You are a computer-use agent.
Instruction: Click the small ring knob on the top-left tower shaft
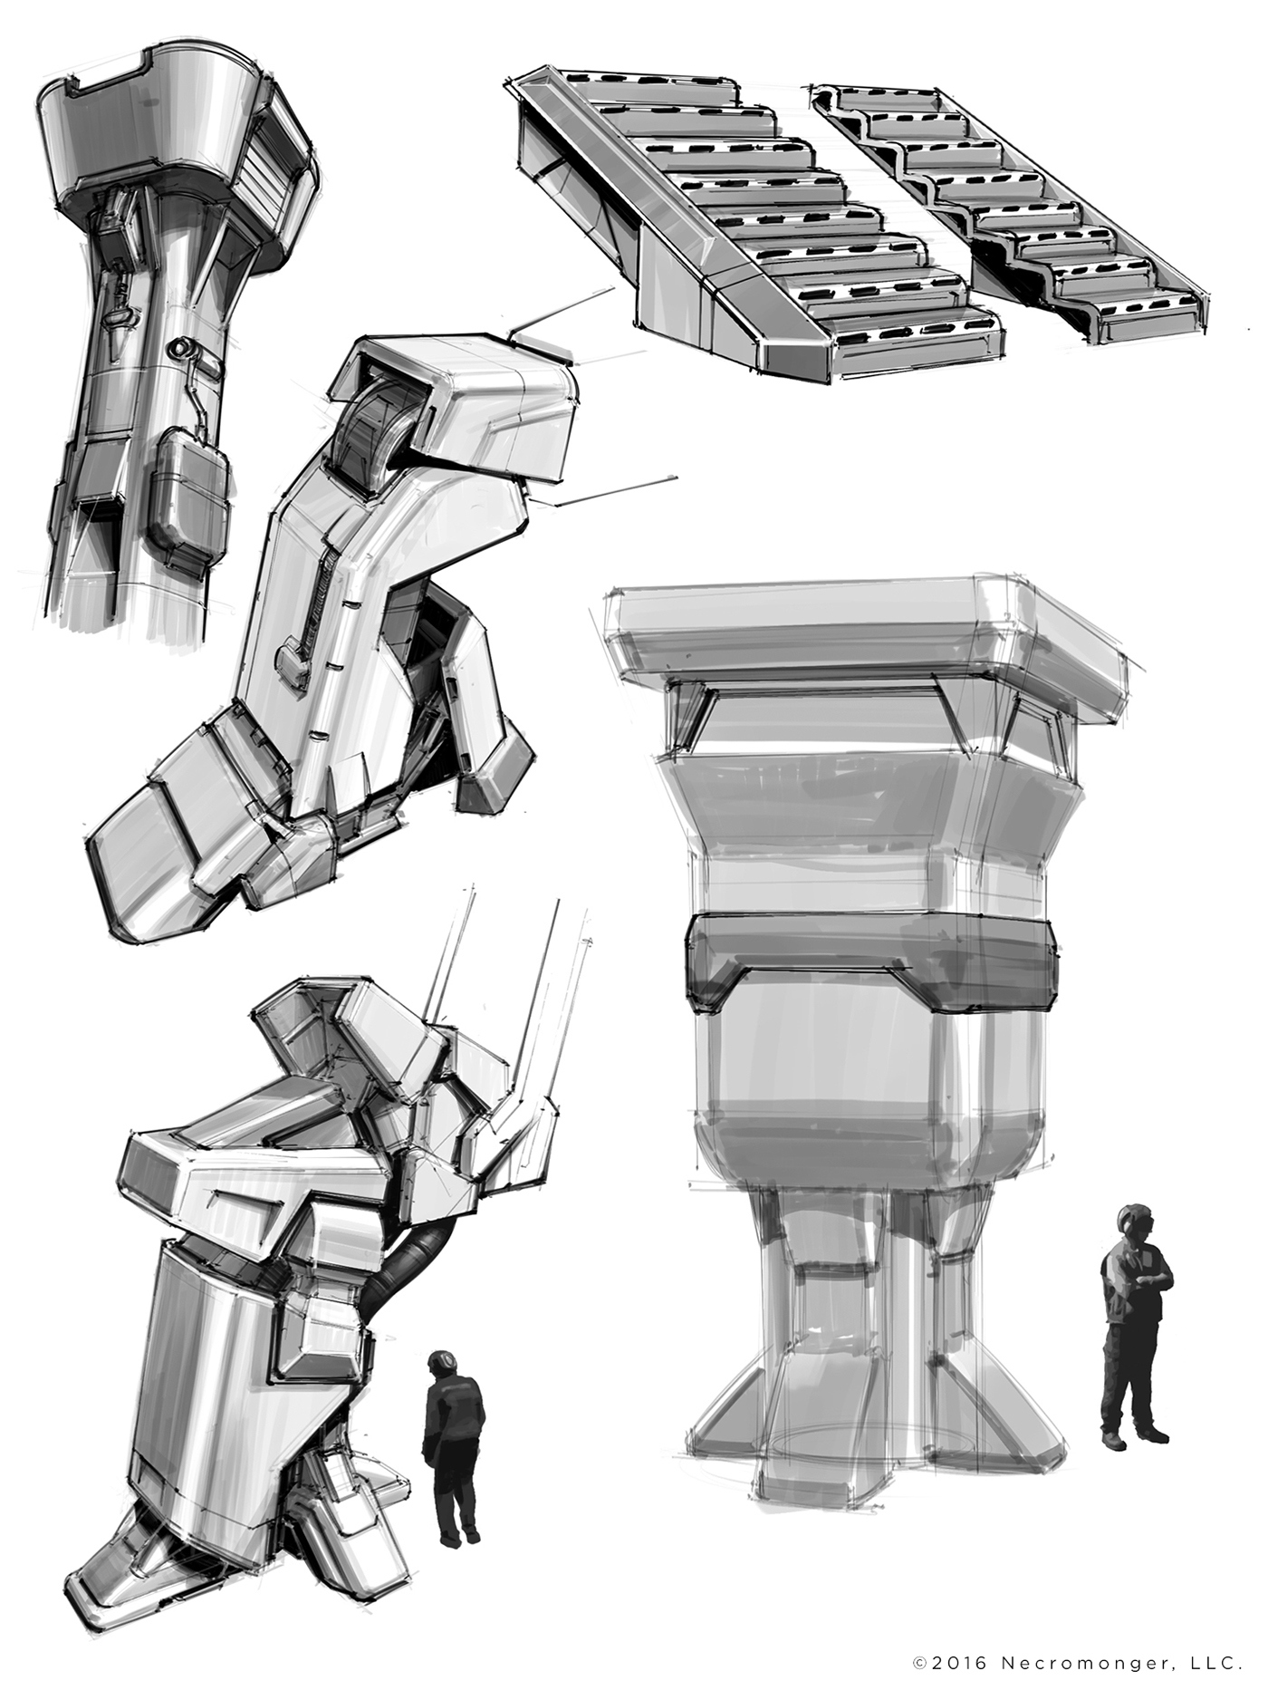coord(181,347)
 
